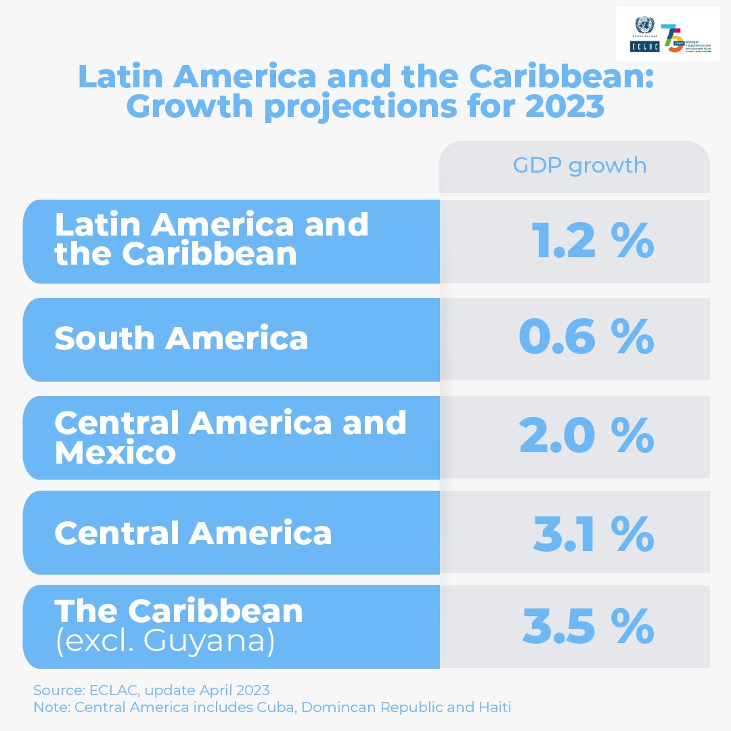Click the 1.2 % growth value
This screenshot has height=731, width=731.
pos(593,242)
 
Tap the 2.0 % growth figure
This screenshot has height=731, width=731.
pos(586,437)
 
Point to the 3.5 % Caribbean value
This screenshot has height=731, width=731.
pos(588,627)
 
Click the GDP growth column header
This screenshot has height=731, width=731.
pos(579,166)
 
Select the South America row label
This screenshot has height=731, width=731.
pos(181,338)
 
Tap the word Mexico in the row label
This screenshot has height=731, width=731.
pos(115,453)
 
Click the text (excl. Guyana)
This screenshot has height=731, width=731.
pos(165,641)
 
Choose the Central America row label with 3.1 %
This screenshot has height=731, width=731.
pos(193,533)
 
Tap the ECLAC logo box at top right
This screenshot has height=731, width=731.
pos(640,47)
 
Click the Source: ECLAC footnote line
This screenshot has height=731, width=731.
pos(151,690)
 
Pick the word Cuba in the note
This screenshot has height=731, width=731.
pos(280,707)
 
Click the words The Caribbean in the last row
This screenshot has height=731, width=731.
pos(179,611)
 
